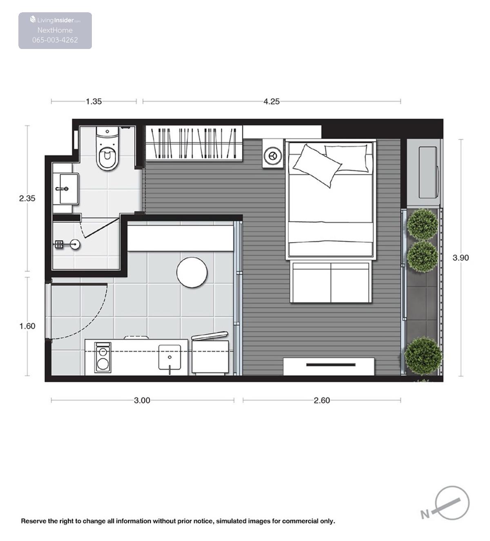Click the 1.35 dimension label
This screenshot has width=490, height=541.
(94, 102)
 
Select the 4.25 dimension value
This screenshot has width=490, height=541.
(272, 102)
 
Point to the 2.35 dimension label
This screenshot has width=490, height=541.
(27, 198)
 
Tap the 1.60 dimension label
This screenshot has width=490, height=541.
(27, 326)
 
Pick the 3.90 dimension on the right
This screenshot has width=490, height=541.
(461, 258)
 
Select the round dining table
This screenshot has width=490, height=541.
(192, 272)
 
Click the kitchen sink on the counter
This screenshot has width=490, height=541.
(169, 357)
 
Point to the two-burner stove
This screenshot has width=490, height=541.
(102, 358)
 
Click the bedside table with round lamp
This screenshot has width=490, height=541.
(273, 154)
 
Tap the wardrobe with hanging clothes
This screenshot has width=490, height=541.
(194, 143)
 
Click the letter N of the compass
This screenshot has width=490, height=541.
(425, 514)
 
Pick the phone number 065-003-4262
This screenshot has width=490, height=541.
(55, 40)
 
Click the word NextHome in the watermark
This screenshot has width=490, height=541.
(55, 30)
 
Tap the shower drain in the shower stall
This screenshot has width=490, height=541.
(75, 244)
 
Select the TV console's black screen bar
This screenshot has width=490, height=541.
(331, 365)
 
